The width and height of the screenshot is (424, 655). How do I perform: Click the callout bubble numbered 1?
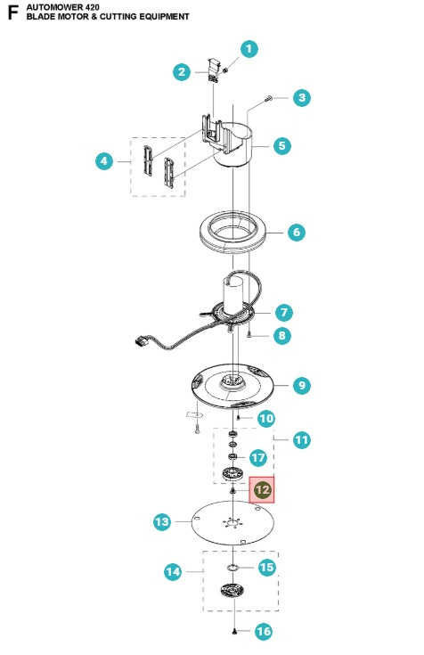click(x=249, y=49)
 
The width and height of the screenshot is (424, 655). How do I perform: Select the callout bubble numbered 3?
click(x=302, y=98)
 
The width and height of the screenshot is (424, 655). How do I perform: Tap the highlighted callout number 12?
click(x=263, y=489)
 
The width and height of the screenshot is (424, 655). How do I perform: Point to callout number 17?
click(x=258, y=458)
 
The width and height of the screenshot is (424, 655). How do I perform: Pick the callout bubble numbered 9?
click(x=302, y=385)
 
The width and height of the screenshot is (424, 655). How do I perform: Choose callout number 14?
click(x=173, y=571)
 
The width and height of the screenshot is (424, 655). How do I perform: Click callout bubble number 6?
click(x=297, y=232)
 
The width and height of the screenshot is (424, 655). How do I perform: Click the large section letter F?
click(x=13, y=12)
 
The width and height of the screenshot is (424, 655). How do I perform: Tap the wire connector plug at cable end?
click(x=141, y=342)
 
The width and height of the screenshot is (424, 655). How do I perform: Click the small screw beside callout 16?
click(x=235, y=631)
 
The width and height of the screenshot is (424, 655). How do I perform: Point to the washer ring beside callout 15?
click(x=232, y=568)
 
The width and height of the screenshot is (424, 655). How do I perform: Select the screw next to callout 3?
click(x=269, y=99)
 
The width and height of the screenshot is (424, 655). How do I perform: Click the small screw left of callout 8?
click(x=249, y=335)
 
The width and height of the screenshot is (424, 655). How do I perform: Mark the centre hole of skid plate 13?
click(x=232, y=521)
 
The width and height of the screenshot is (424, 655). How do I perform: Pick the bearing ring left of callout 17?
click(x=233, y=455)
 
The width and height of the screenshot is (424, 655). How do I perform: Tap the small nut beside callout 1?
click(x=225, y=70)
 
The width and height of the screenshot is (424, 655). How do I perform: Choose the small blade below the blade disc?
click(x=194, y=414)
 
